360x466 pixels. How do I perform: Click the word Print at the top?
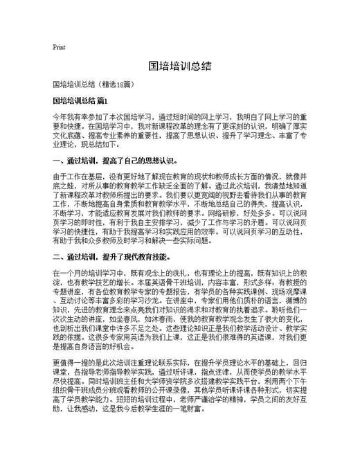click(x=58, y=47)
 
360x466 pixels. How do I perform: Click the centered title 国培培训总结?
click(x=179, y=66)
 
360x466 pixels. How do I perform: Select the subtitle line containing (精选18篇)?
click(x=93, y=84)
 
